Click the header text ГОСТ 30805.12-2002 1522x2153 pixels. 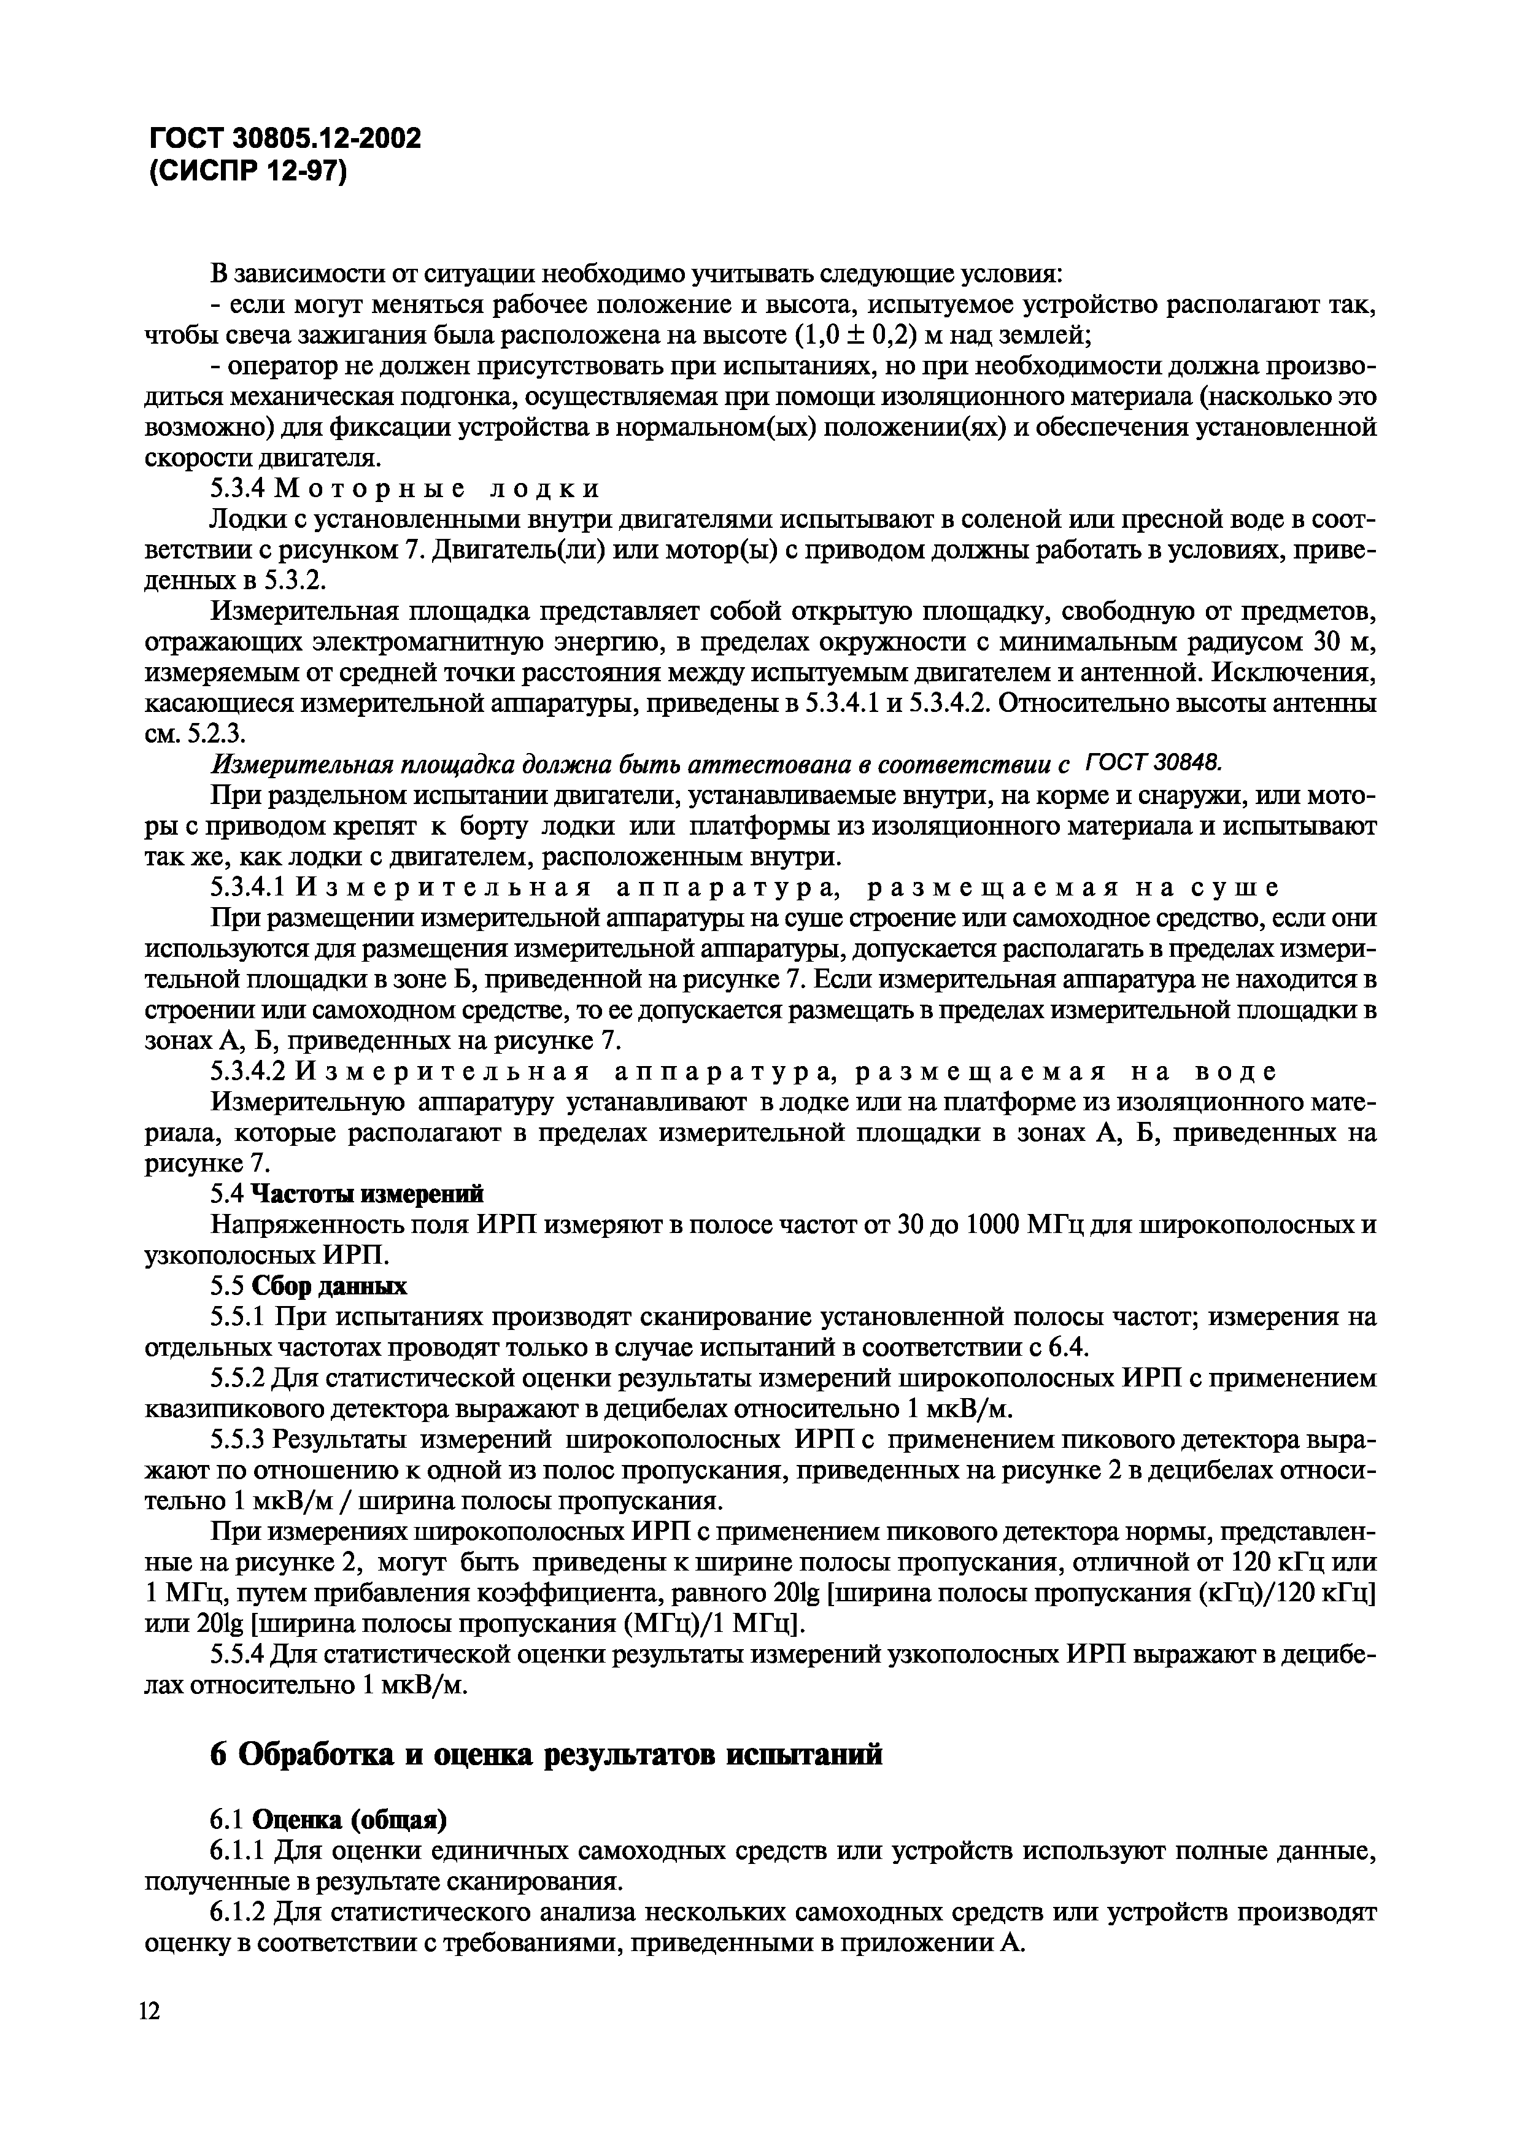point(284,139)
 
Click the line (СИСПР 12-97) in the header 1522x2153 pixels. point(247,172)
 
